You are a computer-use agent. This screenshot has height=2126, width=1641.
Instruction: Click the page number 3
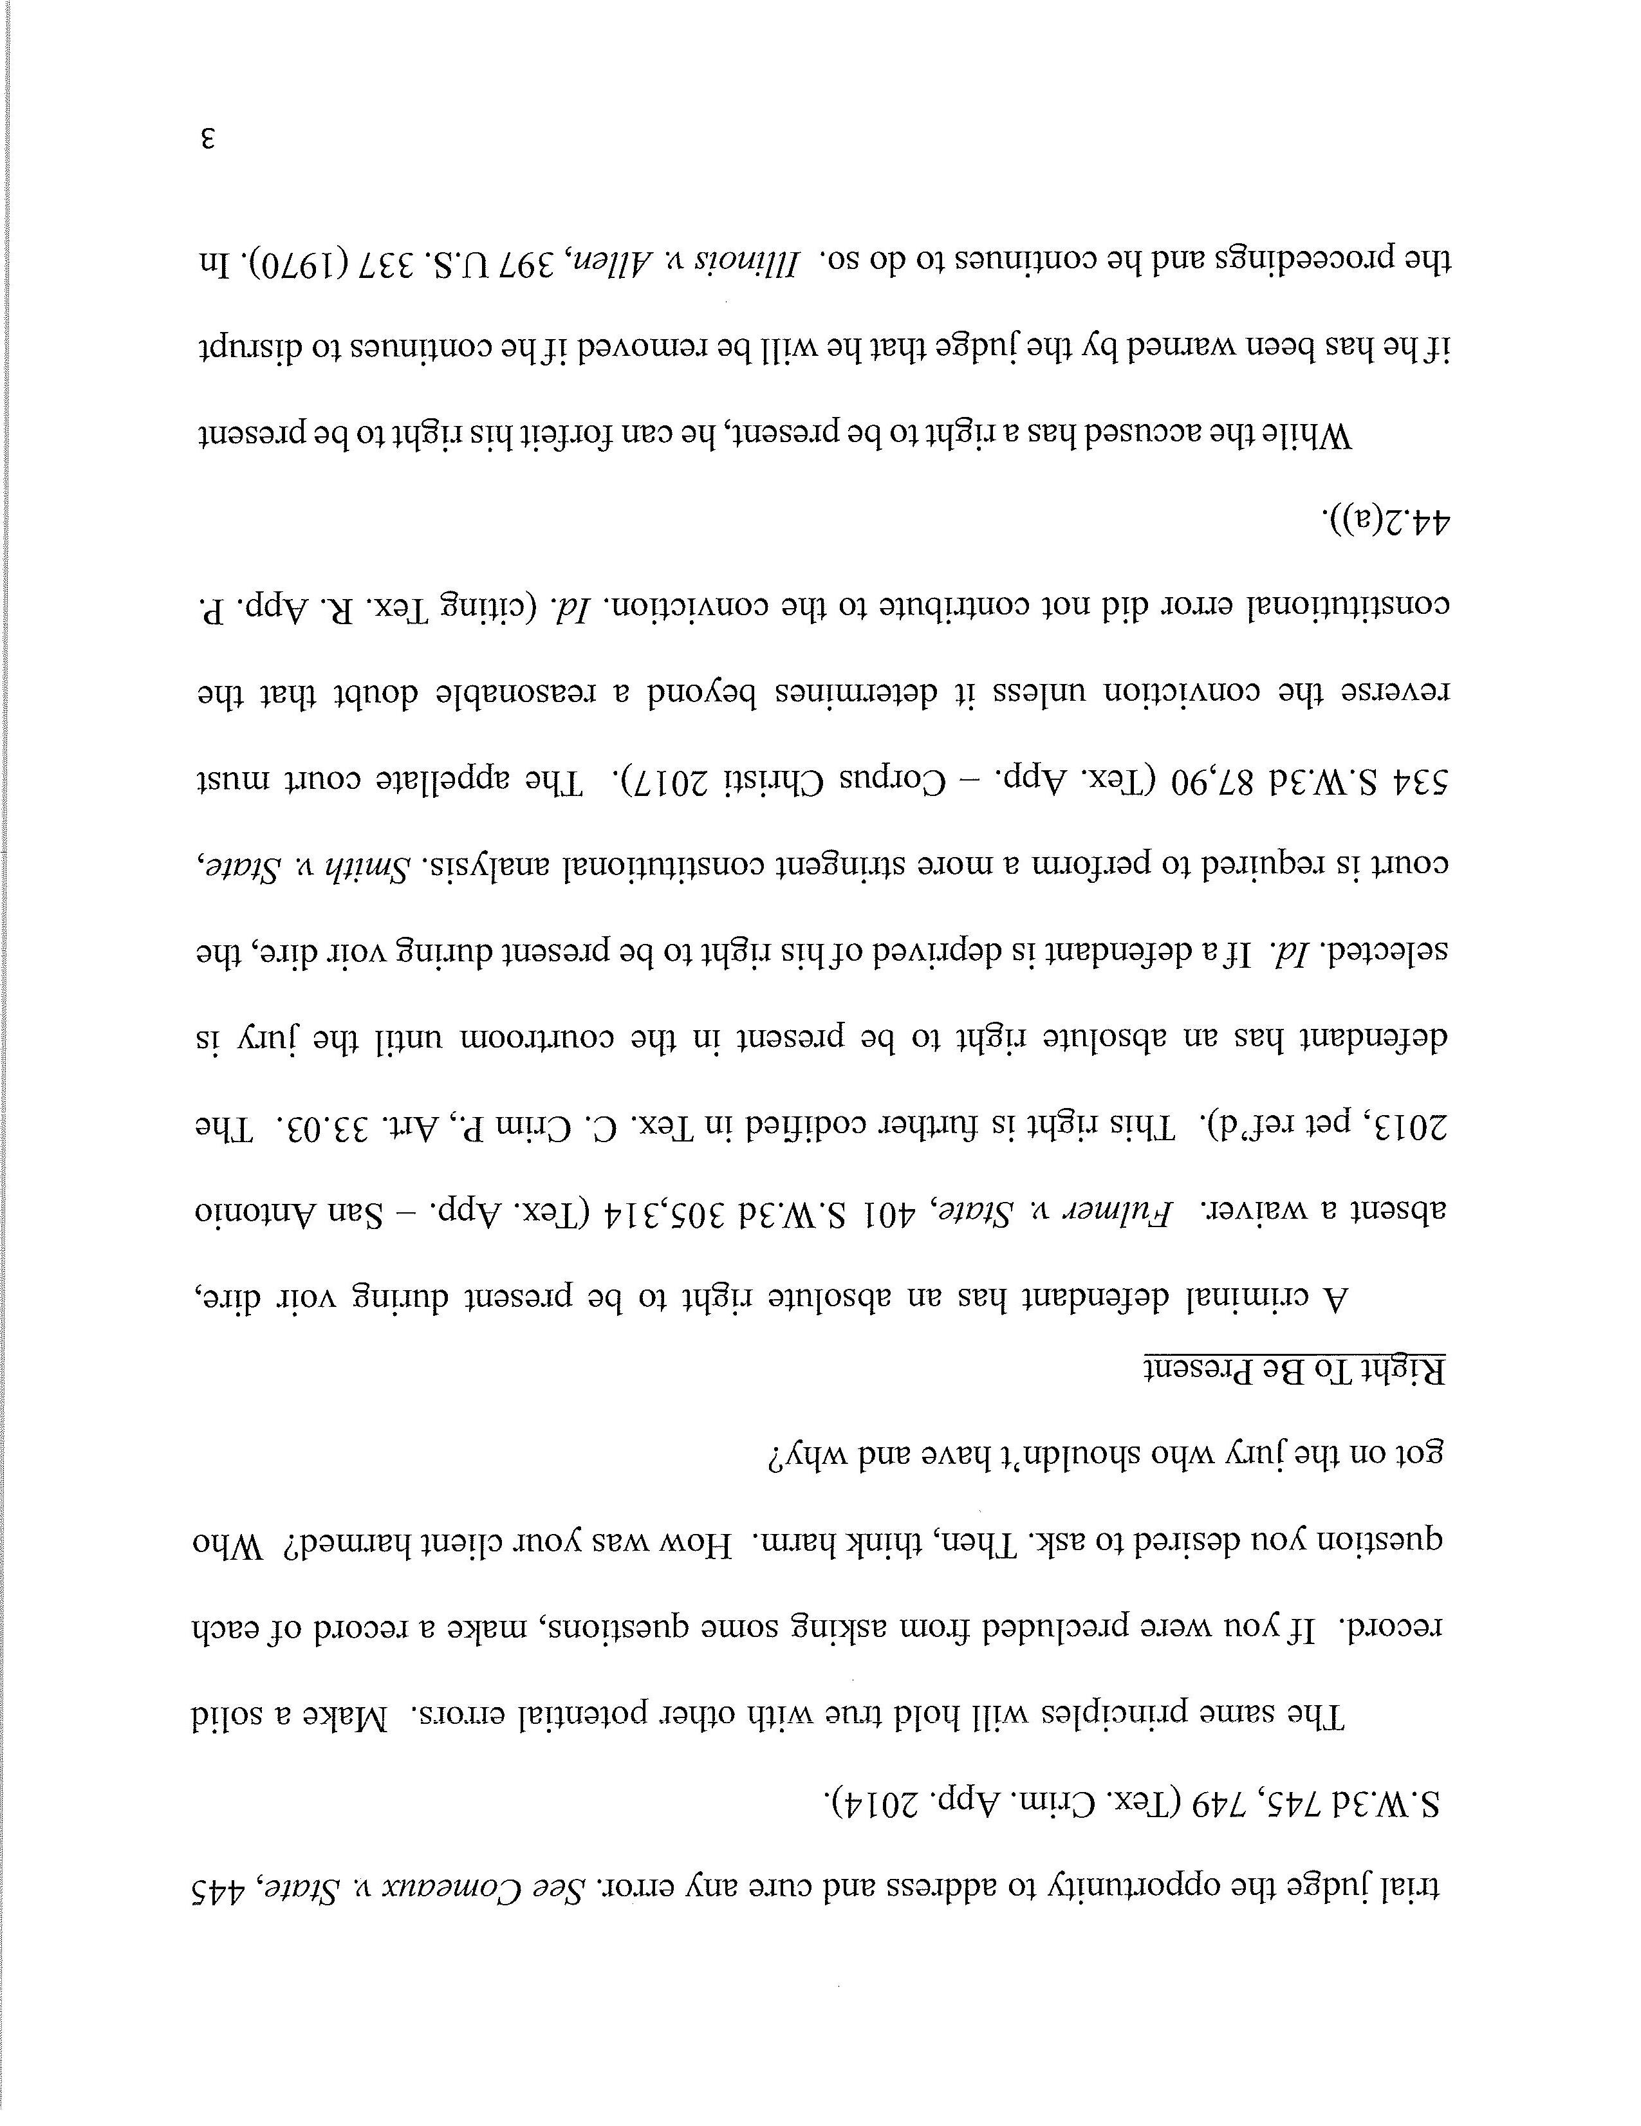pos(207,139)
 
